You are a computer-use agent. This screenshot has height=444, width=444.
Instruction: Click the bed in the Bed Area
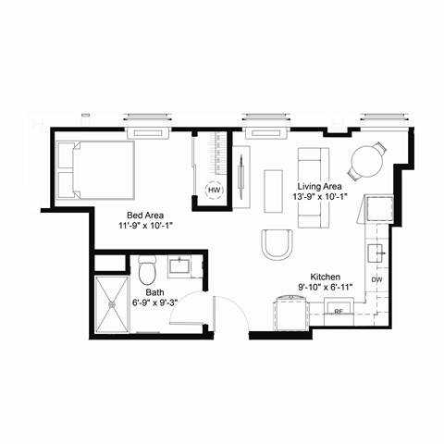(x=96, y=169)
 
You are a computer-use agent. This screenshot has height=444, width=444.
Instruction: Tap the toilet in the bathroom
(x=147, y=271)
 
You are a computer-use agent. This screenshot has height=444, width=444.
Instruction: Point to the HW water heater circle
(x=214, y=191)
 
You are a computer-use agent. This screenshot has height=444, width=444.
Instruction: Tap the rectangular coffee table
(x=274, y=191)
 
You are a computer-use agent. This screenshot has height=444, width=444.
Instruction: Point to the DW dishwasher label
(x=376, y=279)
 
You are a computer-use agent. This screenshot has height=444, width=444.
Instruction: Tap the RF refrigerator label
(x=339, y=313)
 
